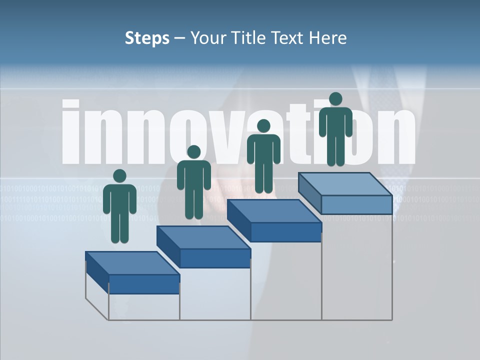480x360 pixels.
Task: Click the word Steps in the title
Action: [x=147, y=38]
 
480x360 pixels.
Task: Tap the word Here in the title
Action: [x=328, y=38]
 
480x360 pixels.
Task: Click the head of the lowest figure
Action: [x=119, y=176]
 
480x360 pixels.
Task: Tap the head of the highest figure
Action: [x=335, y=99]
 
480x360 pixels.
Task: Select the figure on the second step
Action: [x=193, y=182]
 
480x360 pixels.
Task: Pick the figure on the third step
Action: [x=263, y=156]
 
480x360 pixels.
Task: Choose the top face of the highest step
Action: [x=345, y=184]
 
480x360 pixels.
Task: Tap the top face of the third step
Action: [x=274, y=211]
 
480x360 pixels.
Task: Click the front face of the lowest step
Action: [x=144, y=284]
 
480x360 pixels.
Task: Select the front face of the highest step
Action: [x=356, y=204]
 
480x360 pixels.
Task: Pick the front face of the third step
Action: [x=285, y=232]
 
